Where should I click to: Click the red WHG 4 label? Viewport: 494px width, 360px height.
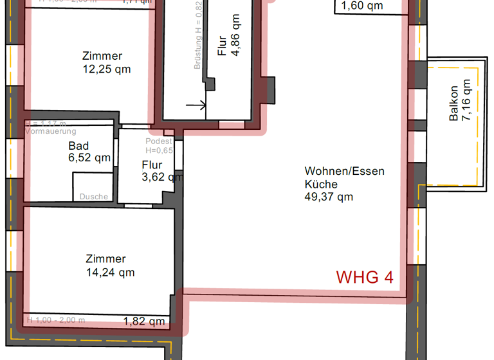[x=365, y=277]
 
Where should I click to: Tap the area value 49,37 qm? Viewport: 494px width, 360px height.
[x=329, y=197]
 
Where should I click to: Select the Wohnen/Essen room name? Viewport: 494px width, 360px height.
[x=344, y=171]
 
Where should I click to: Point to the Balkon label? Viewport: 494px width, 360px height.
[x=454, y=104]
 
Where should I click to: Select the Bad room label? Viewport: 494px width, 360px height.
[x=78, y=146]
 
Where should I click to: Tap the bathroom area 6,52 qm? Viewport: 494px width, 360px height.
[x=89, y=157]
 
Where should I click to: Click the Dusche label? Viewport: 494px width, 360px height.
[x=94, y=197]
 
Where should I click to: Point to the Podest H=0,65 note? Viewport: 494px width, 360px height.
[x=159, y=146]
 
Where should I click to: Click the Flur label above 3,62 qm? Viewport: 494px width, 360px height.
[x=152, y=165]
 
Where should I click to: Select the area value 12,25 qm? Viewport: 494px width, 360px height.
[x=107, y=69]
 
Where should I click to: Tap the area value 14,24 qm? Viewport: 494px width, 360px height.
[x=110, y=272]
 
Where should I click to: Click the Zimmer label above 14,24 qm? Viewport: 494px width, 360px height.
[x=105, y=259]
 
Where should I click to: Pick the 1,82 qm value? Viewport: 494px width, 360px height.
[x=144, y=321]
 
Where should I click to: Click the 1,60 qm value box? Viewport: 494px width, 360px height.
[x=361, y=6]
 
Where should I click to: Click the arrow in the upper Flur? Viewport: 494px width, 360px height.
[x=196, y=104]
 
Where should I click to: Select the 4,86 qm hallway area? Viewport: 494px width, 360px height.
[x=236, y=36]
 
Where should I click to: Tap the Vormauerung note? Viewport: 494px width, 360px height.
[x=50, y=130]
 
